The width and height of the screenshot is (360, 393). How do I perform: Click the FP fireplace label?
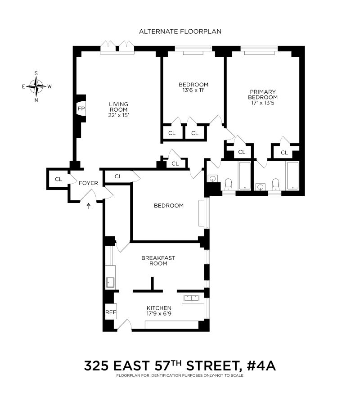pos(81,108)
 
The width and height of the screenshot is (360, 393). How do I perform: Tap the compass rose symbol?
pos(36,86)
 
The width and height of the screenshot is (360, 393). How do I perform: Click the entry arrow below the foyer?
pos(89,206)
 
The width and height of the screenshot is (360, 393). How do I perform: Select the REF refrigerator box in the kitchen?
pos(111,312)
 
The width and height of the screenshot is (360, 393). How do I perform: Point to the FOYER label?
pos(88,183)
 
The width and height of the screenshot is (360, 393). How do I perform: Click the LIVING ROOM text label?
pos(118,107)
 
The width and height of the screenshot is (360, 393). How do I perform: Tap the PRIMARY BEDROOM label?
pos(263,95)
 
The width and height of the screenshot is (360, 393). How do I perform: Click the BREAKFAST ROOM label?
pos(158,261)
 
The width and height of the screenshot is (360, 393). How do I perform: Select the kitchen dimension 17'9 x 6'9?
pos(159,314)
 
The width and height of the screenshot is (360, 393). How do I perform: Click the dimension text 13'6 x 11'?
pos(193,90)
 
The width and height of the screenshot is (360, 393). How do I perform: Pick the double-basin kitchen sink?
pos(191,298)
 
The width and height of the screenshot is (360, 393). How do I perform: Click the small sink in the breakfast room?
pos(110,282)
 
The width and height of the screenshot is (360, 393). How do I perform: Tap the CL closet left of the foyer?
pos(58,179)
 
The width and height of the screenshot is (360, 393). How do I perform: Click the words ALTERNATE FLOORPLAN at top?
pos(180,32)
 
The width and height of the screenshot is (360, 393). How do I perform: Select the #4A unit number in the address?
pos(261,366)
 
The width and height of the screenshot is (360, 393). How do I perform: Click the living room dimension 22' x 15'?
pos(118,115)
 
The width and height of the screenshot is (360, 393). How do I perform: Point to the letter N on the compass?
pos(36,100)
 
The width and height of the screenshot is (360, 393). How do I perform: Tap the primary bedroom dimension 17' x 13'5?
pos(263,103)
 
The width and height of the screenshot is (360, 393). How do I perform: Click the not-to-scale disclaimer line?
pos(180,375)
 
